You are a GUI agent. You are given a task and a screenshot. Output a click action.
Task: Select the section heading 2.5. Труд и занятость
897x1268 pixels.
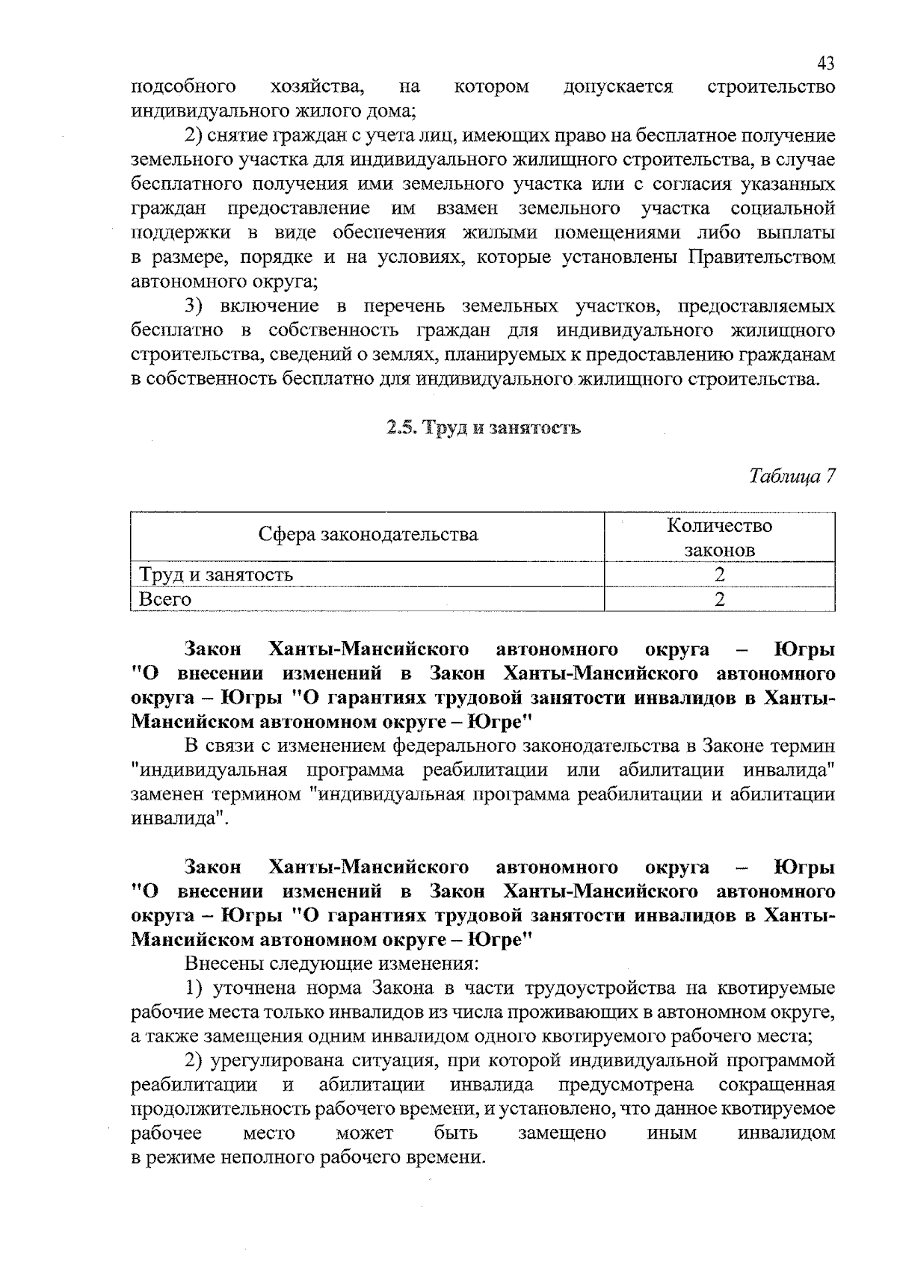coord(484,428)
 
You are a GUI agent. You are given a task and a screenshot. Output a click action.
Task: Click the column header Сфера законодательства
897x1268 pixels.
coord(368,535)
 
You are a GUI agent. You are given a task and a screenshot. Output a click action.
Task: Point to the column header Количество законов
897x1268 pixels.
coord(719,538)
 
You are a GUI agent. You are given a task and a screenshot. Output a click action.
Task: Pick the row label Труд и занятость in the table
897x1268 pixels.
coord(216,575)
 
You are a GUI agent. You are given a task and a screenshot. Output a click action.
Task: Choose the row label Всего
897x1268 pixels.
coord(165,599)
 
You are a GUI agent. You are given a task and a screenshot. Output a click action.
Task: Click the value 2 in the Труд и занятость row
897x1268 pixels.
coord(719,575)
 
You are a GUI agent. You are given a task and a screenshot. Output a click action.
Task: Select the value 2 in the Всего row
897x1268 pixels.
coord(719,599)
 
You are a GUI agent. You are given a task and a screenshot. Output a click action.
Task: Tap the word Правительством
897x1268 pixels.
coord(760,258)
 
